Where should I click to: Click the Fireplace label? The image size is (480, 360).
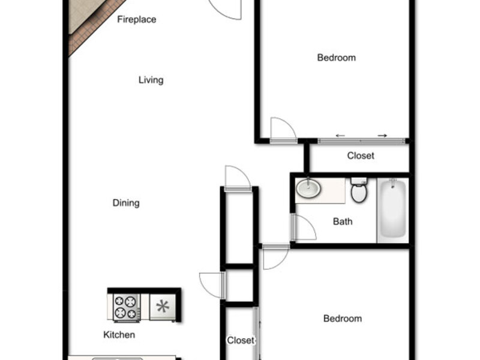137,20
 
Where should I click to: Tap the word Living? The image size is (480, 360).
151,80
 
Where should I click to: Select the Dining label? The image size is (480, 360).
126,203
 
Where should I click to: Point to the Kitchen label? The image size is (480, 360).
119,335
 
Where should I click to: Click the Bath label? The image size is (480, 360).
343,221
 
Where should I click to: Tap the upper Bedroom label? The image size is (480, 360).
337,58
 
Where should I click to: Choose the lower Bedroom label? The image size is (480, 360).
343,319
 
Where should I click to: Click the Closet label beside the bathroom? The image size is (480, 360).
361,155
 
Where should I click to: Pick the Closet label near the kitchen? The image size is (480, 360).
241,340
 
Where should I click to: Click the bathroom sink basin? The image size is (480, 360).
308,188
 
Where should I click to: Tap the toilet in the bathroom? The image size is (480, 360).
359,190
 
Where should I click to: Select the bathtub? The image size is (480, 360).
393,209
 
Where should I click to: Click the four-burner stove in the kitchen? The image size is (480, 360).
127,307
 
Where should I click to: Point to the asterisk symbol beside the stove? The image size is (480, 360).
163,307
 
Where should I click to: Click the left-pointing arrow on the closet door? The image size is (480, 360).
340,136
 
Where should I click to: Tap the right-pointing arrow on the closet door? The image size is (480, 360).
382,136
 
